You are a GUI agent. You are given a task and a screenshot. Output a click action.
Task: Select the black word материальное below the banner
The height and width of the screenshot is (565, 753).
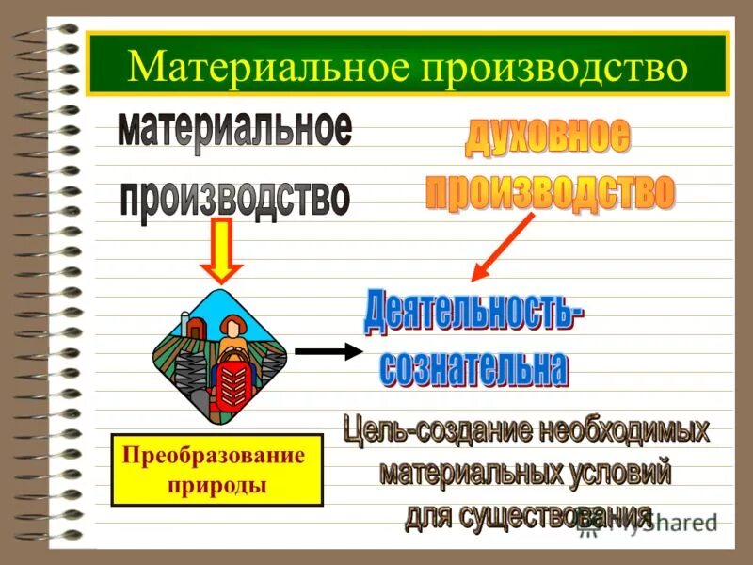(234, 130)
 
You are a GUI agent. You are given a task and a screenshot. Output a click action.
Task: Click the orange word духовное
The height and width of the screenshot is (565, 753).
(547, 139)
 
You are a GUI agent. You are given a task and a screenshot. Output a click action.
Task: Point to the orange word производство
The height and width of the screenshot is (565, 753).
(550, 191)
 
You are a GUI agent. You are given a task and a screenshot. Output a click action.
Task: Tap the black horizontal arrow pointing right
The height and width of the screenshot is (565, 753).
(328, 352)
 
